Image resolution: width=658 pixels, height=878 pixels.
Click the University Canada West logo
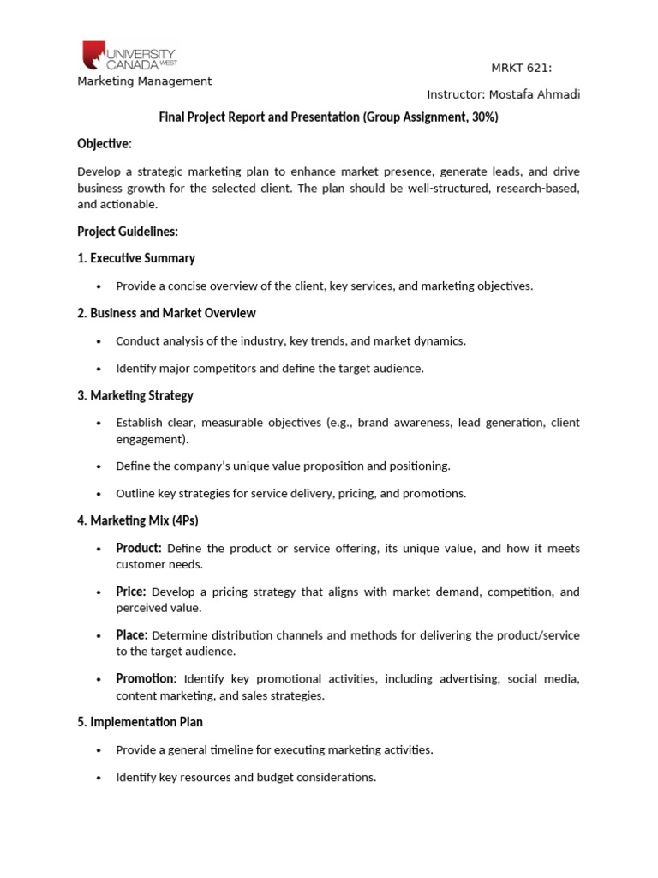pyautogui.click(x=129, y=55)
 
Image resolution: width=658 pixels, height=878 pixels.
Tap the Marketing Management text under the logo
pyautogui.click(x=144, y=81)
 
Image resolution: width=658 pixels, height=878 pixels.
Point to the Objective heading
pyautogui.click(x=105, y=143)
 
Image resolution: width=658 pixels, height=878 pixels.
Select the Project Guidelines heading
pyautogui.click(x=128, y=232)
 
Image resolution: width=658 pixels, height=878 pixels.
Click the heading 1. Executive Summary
pyautogui.click(x=136, y=258)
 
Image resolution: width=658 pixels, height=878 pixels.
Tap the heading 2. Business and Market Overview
pyautogui.click(x=166, y=313)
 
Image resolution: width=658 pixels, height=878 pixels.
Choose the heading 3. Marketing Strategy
pyautogui.click(x=135, y=395)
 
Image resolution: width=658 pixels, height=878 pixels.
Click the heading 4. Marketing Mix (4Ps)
pyautogui.click(x=138, y=520)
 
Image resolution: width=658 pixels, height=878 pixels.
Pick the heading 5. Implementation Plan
pyautogui.click(x=140, y=722)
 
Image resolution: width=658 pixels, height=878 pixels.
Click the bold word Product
pyautogui.click(x=139, y=548)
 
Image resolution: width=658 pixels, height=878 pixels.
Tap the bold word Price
pyautogui.click(x=131, y=592)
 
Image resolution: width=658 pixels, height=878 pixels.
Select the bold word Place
pyautogui.click(x=132, y=635)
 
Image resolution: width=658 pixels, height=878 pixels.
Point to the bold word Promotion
pyautogui.click(x=147, y=679)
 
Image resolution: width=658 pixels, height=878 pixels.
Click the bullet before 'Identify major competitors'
pyautogui.click(x=100, y=369)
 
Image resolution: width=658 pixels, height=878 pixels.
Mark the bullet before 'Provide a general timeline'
pyautogui.click(x=100, y=750)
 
